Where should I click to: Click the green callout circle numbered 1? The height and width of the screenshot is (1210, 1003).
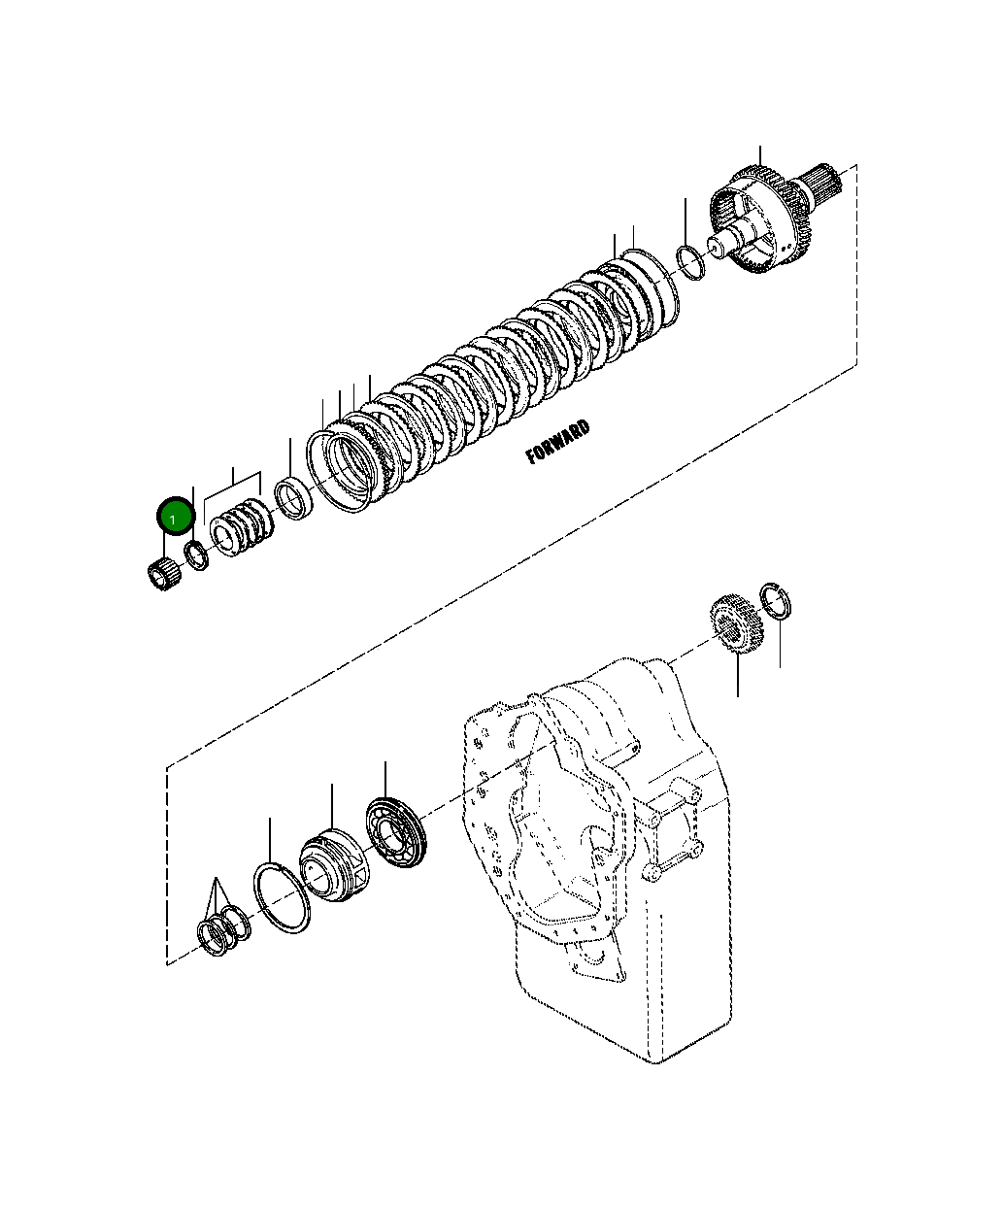pyautogui.click(x=175, y=517)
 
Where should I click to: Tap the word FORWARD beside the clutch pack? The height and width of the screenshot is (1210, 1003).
pyautogui.click(x=557, y=443)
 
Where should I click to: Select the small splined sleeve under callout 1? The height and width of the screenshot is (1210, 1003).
pyautogui.click(x=160, y=575)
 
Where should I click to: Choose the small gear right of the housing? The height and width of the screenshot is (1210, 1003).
pyautogui.click(x=738, y=627)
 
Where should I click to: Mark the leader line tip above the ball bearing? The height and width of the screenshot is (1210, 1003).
pyautogui.click(x=385, y=763)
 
